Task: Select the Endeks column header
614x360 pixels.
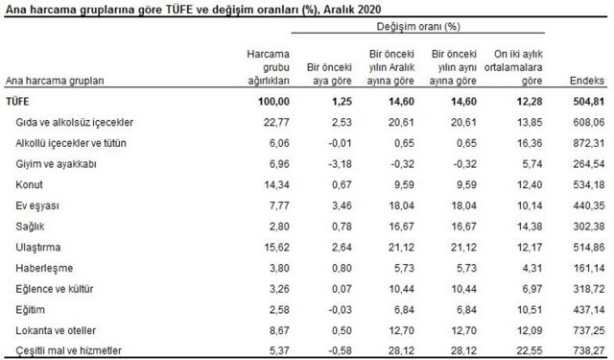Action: click(x=586, y=82)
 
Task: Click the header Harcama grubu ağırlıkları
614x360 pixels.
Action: click(x=262, y=66)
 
